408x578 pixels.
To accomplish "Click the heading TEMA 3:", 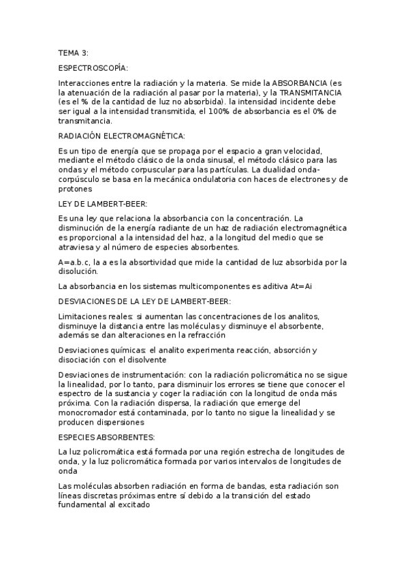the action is coord(73,52).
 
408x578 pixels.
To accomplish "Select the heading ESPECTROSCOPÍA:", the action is coord(93,67).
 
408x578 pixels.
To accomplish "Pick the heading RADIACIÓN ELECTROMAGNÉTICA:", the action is coord(122,136).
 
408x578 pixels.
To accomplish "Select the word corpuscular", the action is coord(142,169).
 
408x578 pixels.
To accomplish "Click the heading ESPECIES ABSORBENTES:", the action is coord(107,437).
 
